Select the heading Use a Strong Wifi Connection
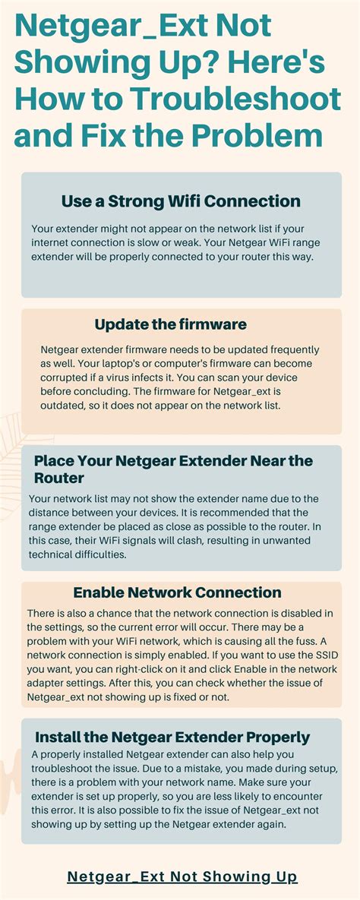181,201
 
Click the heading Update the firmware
171,324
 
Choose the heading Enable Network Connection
177,592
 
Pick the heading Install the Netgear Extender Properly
172,737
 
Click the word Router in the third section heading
58,478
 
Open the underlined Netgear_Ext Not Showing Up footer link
182,876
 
